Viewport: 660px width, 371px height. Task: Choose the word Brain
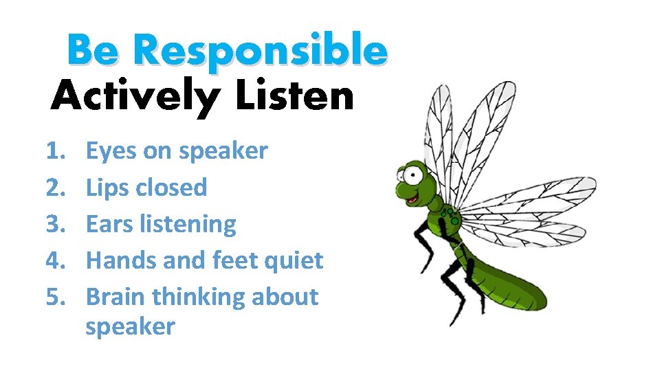tap(115, 297)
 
